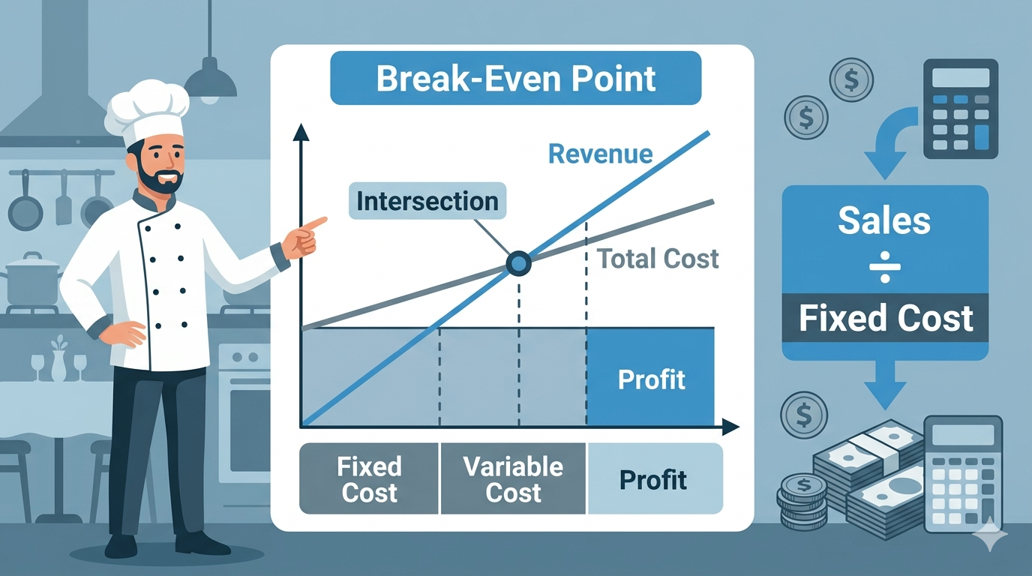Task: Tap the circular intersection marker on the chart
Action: (x=518, y=262)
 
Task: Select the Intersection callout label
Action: (x=427, y=201)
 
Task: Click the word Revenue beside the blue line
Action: (x=600, y=154)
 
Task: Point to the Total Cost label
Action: (x=658, y=259)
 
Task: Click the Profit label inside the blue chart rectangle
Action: (x=651, y=379)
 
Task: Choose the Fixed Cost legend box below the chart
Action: (x=369, y=479)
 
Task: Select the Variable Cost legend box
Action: (x=513, y=479)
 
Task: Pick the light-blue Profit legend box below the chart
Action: (x=654, y=479)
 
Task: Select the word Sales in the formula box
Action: (x=884, y=220)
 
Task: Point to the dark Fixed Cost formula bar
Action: (x=885, y=318)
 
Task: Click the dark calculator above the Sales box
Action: (x=961, y=109)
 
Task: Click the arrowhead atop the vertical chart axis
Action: (x=301, y=133)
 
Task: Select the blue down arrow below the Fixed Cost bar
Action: (x=885, y=385)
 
